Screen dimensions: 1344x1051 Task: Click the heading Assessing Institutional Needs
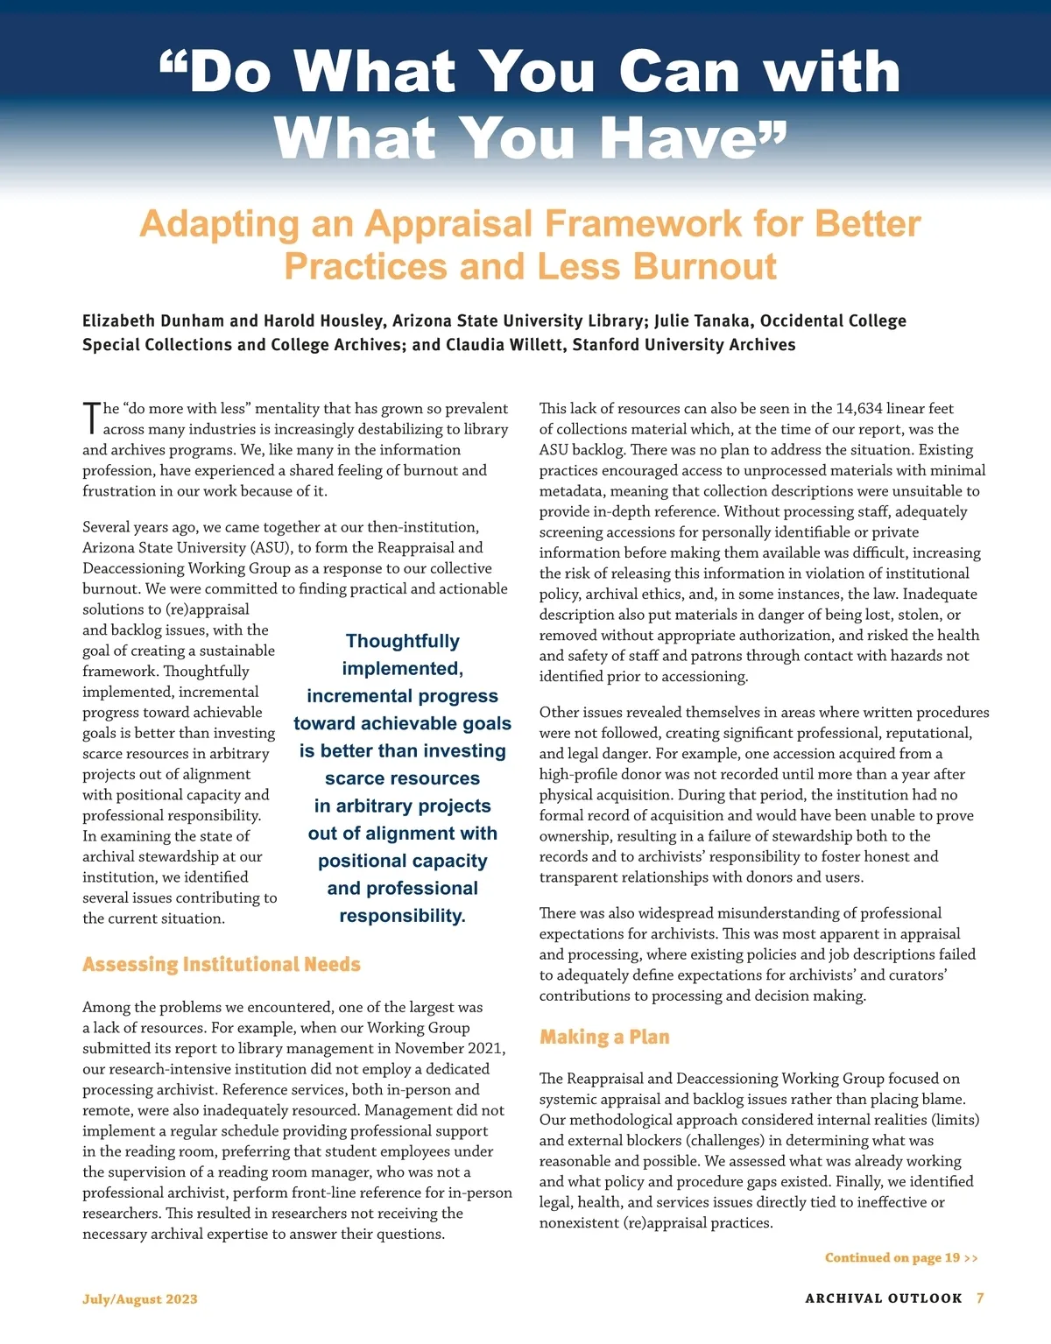(x=221, y=965)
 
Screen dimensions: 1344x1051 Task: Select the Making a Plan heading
(x=604, y=1038)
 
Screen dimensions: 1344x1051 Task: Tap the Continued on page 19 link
(x=900, y=1258)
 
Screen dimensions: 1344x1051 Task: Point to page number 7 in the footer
(x=980, y=1298)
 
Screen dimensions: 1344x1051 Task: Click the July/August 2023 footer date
(x=140, y=1299)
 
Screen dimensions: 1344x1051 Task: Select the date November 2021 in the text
(x=448, y=1049)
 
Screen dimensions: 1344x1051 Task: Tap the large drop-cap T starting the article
(x=91, y=419)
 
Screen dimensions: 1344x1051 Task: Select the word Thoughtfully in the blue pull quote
(x=402, y=642)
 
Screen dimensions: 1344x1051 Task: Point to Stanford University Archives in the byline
(x=684, y=345)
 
